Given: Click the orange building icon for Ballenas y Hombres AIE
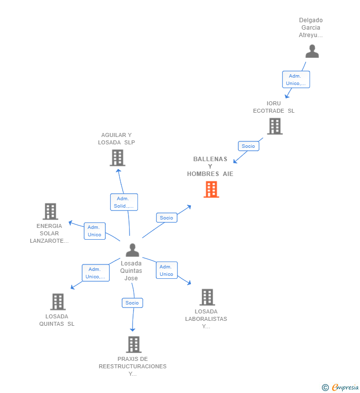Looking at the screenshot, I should click(211, 189).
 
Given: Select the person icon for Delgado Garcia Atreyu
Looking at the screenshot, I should click(312, 51).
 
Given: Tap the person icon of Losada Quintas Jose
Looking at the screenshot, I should click(132, 250).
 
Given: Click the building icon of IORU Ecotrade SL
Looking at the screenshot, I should click(274, 126).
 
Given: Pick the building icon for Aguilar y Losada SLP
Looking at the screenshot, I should click(117, 158).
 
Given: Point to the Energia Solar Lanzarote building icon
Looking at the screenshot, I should click(50, 212).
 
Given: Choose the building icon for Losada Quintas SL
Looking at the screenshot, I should click(58, 302).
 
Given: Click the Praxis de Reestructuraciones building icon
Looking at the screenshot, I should click(134, 344).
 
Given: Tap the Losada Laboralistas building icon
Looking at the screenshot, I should click(207, 297).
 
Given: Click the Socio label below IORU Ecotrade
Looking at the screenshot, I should click(248, 146).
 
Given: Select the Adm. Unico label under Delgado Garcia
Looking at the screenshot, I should click(296, 80).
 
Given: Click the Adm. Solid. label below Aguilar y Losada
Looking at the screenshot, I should click(124, 202).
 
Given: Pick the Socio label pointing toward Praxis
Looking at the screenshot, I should click(132, 303).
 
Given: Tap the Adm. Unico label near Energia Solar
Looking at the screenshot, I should click(94, 231).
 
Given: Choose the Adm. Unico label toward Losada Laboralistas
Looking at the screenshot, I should click(167, 270).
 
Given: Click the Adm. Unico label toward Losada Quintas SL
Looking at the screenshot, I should click(95, 273).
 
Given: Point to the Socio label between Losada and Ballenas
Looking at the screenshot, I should click(167, 218).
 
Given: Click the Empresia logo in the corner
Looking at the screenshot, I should click(341, 387).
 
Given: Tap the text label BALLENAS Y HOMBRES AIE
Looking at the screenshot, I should click(210, 167).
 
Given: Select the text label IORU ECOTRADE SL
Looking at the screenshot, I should click(273, 107).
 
